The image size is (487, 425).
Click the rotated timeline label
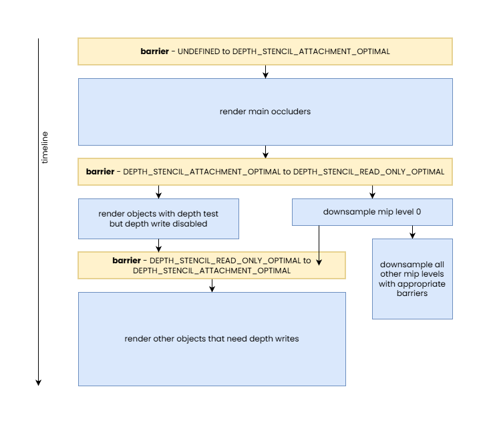[45, 148]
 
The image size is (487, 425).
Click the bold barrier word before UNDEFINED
[154, 51]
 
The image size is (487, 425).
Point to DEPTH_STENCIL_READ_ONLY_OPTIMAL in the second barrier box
[368, 172]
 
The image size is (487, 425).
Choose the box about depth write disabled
[158, 219]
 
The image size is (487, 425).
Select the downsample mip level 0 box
[372, 212]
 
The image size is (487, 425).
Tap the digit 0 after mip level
[419, 212]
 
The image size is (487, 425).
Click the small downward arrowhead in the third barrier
[319, 261]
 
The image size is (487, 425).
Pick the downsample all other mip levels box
[412, 279]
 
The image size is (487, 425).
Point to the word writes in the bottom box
[286, 339]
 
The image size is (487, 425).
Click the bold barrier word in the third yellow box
[126, 261]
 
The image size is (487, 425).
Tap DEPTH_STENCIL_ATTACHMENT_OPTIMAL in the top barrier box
[311, 51]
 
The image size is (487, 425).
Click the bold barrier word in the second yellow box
[100, 172]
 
